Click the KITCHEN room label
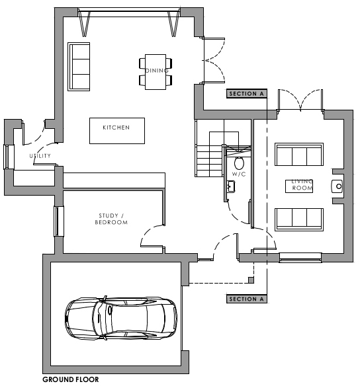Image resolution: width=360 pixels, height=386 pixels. (116, 128)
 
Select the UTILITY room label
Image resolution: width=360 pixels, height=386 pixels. (40, 156)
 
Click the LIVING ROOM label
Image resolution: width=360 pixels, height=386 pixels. (302, 185)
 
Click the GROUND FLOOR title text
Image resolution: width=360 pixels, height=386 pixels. (70, 379)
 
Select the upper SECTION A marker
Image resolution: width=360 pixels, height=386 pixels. (246, 95)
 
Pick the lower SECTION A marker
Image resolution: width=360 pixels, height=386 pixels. (246, 299)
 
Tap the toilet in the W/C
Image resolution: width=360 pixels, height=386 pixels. (239, 161)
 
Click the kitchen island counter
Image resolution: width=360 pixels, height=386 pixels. (116, 130)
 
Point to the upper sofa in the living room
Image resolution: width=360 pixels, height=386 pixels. (298, 156)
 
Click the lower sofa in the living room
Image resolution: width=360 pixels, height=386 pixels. (298, 217)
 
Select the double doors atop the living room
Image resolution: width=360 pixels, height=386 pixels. (300, 100)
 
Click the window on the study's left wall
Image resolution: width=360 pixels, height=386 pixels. (58, 220)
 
